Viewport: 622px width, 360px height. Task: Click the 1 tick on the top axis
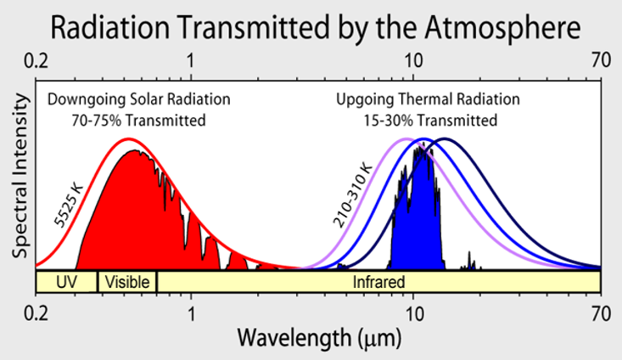click(x=192, y=61)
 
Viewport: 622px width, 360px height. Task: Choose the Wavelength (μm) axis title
click(x=318, y=339)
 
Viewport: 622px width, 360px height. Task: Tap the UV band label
click(x=65, y=281)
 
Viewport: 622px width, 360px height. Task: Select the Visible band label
click(x=127, y=281)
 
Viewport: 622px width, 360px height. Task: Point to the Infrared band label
click(x=378, y=281)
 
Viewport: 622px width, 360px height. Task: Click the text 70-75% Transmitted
click(x=139, y=120)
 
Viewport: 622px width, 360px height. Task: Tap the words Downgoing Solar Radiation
click(x=139, y=99)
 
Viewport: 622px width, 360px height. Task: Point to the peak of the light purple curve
click(x=406, y=138)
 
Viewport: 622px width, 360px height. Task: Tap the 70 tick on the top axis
click(x=601, y=61)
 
